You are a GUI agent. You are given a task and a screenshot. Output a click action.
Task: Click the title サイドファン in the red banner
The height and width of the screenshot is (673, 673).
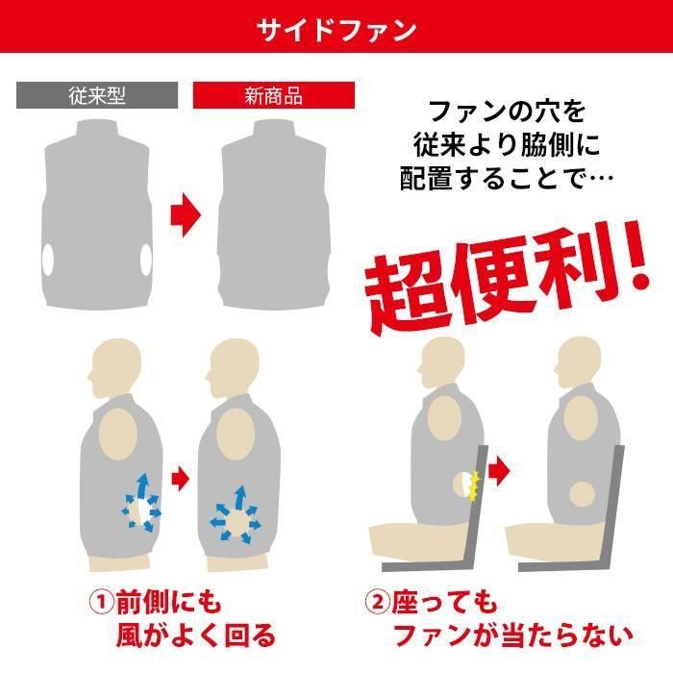pyautogui.click(x=336, y=29)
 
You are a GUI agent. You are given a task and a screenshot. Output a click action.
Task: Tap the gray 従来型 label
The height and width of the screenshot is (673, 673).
pyautogui.click(x=97, y=95)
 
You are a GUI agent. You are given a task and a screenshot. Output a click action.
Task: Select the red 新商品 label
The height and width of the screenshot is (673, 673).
pyautogui.click(x=274, y=95)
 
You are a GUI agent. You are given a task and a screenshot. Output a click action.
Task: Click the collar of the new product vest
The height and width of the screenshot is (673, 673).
pyautogui.click(x=274, y=130)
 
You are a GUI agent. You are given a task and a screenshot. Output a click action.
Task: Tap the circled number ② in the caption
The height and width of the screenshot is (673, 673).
pyautogui.click(x=376, y=603)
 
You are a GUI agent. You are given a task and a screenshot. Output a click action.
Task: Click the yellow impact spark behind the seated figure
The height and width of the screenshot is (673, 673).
pyautogui.click(x=473, y=486)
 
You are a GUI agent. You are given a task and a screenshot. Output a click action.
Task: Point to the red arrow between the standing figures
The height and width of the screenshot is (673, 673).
pyautogui.click(x=179, y=475)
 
